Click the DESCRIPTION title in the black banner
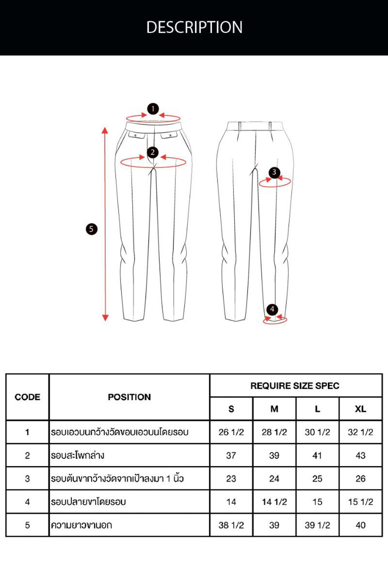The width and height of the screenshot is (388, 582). pyautogui.click(x=194, y=27)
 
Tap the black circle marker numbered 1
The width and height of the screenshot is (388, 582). pyautogui.click(x=153, y=109)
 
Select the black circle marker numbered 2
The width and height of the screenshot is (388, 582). pyautogui.click(x=153, y=152)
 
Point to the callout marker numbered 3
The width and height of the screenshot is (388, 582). pyautogui.click(x=274, y=172)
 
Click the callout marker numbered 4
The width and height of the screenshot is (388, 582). pyautogui.click(x=272, y=309)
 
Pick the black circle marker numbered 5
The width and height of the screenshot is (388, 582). pyautogui.click(x=91, y=229)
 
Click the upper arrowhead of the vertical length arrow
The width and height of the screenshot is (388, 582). pyautogui.click(x=105, y=130)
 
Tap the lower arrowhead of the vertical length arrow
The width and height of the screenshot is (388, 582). pyautogui.click(x=105, y=318)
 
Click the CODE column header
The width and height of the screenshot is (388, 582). pyautogui.click(x=27, y=397)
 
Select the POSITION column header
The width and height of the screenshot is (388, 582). pyautogui.click(x=129, y=397)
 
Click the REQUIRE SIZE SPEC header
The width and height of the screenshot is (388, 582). pyautogui.click(x=295, y=386)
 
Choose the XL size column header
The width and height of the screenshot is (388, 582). pyautogui.click(x=361, y=409)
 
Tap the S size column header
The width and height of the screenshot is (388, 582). pyautogui.click(x=231, y=409)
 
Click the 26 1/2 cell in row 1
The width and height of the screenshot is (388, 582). pyautogui.click(x=231, y=432)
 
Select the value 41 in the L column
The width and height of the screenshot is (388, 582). pyautogui.click(x=317, y=455)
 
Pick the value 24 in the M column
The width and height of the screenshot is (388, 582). pyautogui.click(x=274, y=479)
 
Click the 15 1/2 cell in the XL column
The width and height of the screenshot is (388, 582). pyautogui.click(x=361, y=502)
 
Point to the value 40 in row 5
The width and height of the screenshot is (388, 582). pyautogui.click(x=361, y=525)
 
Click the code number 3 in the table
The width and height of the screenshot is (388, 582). pyautogui.click(x=27, y=479)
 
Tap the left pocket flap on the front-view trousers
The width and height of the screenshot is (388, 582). pyautogui.click(x=136, y=135)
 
